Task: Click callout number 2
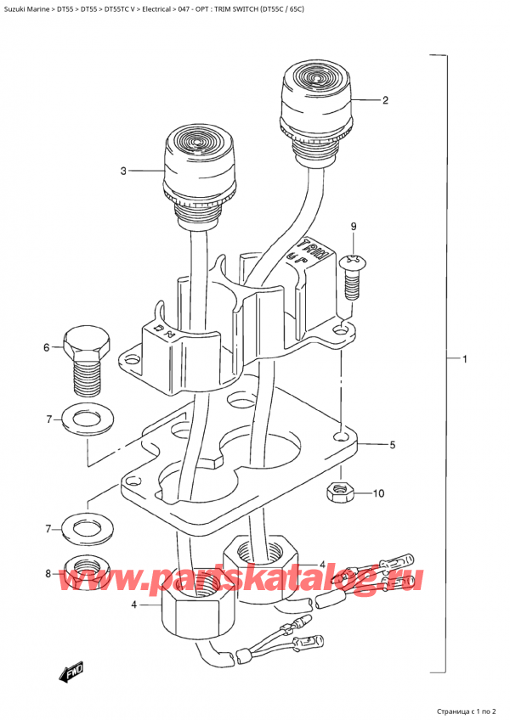click(x=385, y=101)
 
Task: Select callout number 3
click(x=123, y=172)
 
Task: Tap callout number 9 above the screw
click(x=354, y=227)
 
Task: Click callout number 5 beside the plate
click(x=392, y=445)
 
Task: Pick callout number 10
click(x=378, y=492)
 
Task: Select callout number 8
click(x=48, y=573)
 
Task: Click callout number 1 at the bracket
click(x=465, y=360)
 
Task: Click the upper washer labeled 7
click(x=84, y=419)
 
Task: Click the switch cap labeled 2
click(x=315, y=99)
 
